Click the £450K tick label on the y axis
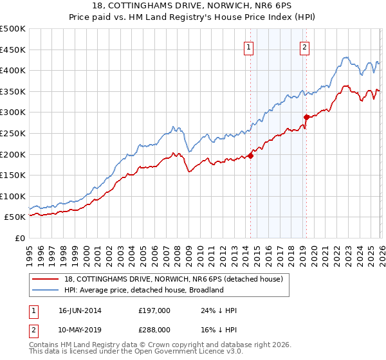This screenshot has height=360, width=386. pyautogui.click(x=13, y=50)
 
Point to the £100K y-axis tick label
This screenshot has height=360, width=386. pyautogui.click(x=13, y=196)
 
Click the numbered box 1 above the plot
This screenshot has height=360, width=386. pyautogui.click(x=249, y=46)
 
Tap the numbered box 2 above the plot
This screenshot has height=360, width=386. pyautogui.click(x=304, y=46)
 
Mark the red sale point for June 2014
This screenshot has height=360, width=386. pyautogui.click(x=251, y=155)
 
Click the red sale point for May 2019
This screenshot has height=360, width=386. pyautogui.click(x=306, y=117)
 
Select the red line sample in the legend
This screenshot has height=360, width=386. pyautogui.click(x=46, y=279)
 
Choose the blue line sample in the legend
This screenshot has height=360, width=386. pyautogui.click(x=46, y=290)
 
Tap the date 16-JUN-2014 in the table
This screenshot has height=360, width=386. pyautogui.click(x=80, y=310)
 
